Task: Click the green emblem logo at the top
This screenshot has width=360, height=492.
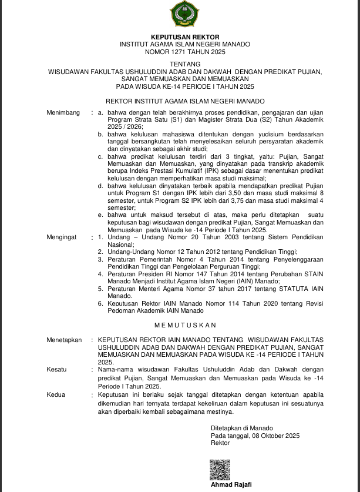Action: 180,13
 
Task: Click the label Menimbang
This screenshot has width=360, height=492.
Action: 62,112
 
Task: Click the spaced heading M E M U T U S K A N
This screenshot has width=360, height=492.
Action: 185,325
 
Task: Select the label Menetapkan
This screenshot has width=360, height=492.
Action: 64,340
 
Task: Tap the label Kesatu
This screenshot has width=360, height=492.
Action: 56,370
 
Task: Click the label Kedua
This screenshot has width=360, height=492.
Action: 56,395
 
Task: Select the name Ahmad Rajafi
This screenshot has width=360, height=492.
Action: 231,484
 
